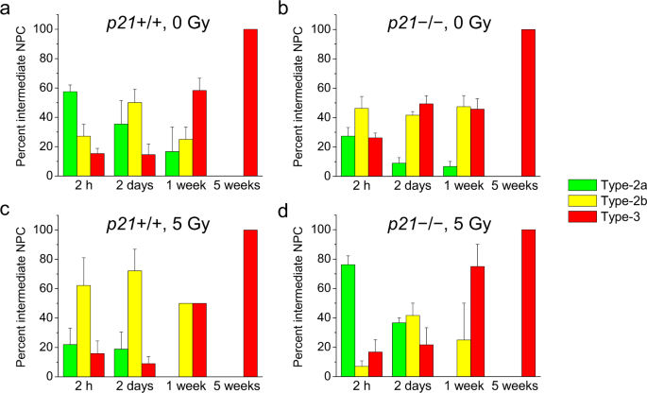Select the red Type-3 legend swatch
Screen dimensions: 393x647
(582, 218)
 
